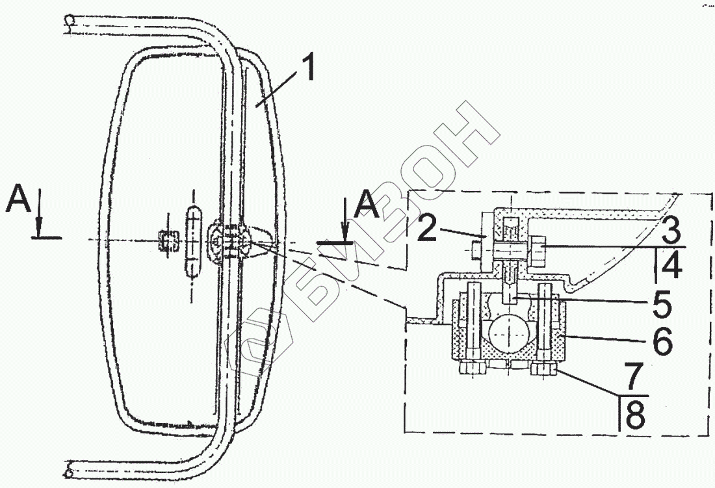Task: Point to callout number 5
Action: [x=662, y=303]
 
